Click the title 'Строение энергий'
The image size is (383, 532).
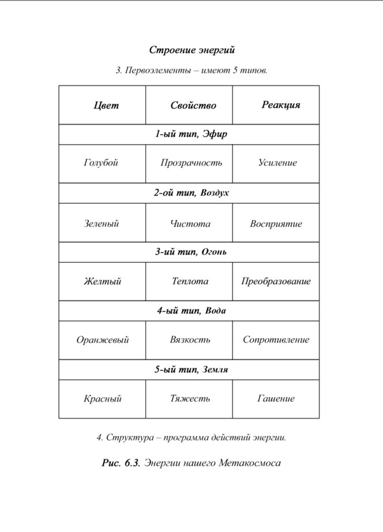pyautogui.click(x=192, y=50)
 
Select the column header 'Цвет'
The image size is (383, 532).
pyautogui.click(x=106, y=105)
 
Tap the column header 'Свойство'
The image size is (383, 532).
pyautogui.click(x=193, y=105)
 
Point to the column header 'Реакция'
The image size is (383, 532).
pyautogui.click(x=281, y=105)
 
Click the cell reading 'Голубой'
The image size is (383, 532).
pyautogui.click(x=101, y=163)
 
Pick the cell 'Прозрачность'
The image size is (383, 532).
pyautogui.click(x=191, y=163)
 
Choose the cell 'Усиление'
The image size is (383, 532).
pyautogui.click(x=277, y=162)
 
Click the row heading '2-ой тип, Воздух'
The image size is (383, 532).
pyautogui.click(x=191, y=193)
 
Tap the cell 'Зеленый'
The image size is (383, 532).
pyautogui.click(x=101, y=224)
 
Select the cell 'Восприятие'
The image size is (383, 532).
pyautogui.click(x=276, y=224)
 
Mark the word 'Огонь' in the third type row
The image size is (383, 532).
pyautogui.click(x=214, y=252)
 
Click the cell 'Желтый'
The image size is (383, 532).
pyautogui.click(x=102, y=282)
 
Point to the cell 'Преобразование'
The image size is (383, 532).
pyautogui.click(x=276, y=282)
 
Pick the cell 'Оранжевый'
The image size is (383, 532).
pyautogui.click(x=102, y=340)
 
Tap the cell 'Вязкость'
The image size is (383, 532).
pyautogui.click(x=190, y=339)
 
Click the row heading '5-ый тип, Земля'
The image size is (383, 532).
pyautogui.click(x=191, y=370)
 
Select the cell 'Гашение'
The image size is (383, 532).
pyautogui.click(x=275, y=398)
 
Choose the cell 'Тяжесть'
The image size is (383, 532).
pyautogui.click(x=190, y=398)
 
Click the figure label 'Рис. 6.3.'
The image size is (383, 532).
pyautogui.click(x=121, y=463)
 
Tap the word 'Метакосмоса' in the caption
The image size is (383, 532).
pyautogui.click(x=250, y=463)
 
